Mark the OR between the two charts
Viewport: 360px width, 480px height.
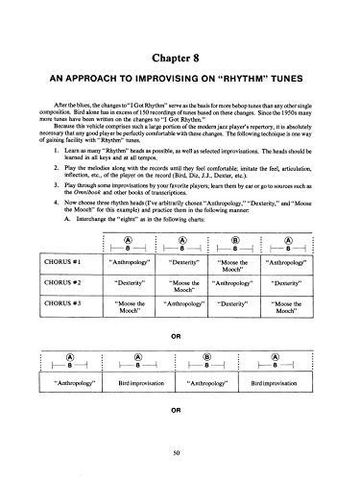coord(180,337)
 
